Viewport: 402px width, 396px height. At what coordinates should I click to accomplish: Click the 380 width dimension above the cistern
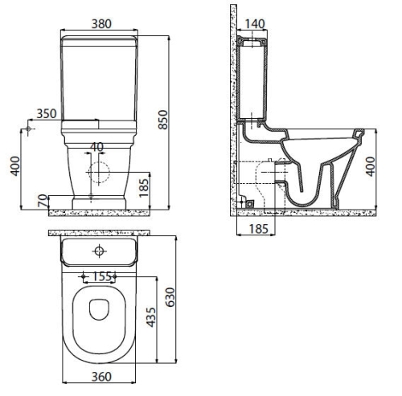tap(100, 23)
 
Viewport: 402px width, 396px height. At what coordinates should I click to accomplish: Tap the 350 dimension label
tap(47, 113)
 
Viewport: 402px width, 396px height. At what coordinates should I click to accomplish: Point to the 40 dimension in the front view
tap(97, 147)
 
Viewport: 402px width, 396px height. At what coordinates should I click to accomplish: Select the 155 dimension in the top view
tap(100, 276)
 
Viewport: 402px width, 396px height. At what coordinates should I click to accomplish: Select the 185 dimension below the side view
tap(256, 230)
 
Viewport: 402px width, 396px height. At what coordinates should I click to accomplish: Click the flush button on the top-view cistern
tap(100, 251)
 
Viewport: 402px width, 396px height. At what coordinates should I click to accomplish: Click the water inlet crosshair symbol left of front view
tap(29, 128)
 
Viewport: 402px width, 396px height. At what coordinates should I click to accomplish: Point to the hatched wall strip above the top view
tap(100, 232)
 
